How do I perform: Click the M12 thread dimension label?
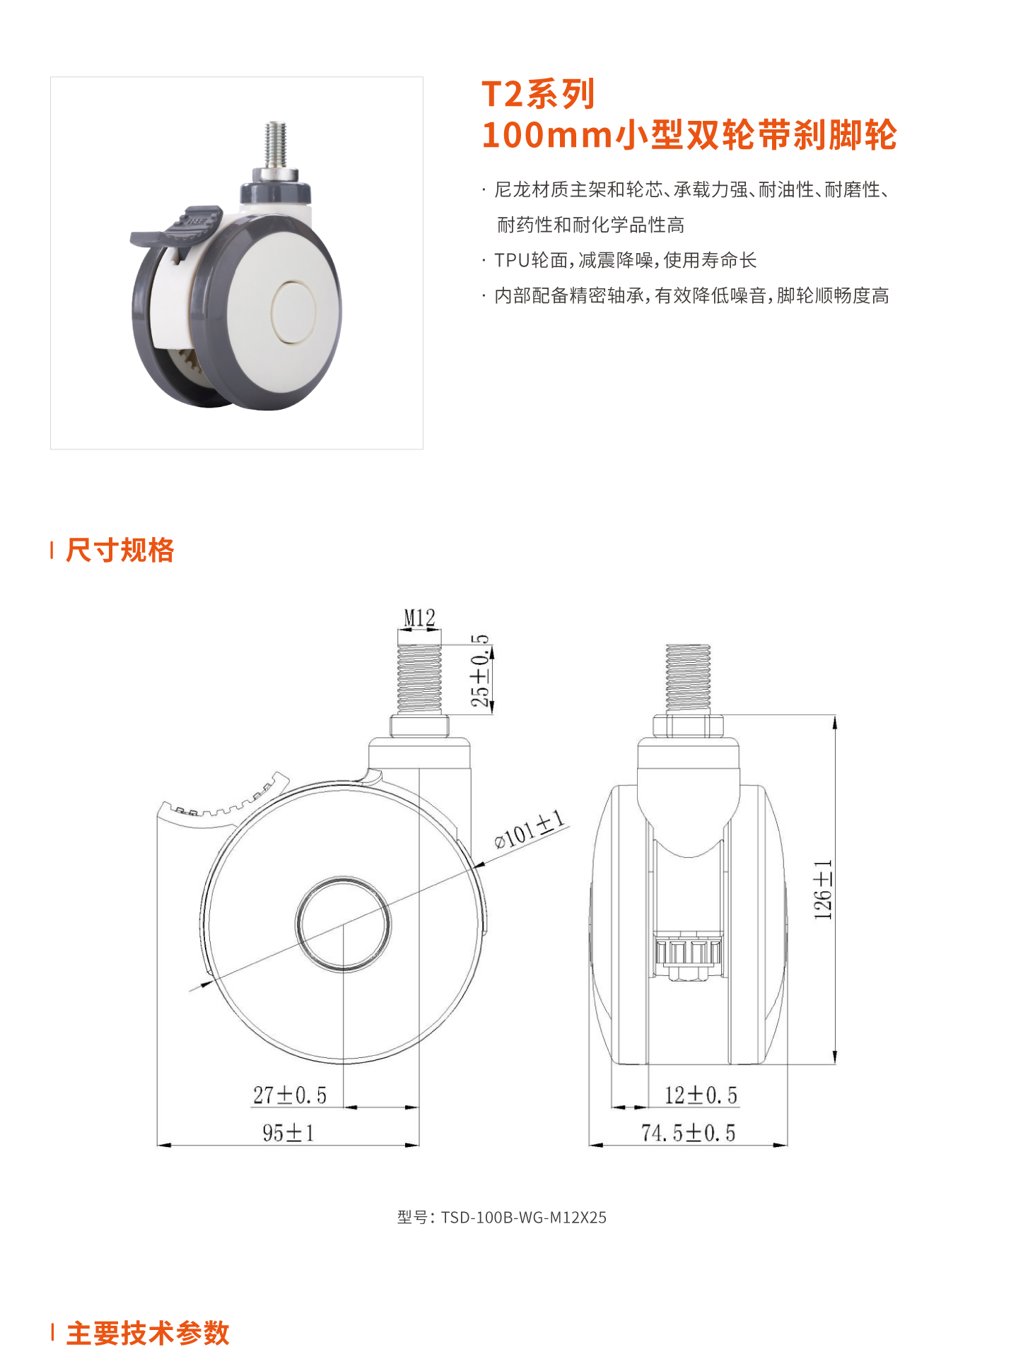(x=419, y=618)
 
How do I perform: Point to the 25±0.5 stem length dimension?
(x=480, y=671)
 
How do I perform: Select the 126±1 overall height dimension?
(x=823, y=890)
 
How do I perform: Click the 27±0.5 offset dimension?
(x=290, y=1095)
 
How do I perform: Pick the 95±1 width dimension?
(x=288, y=1133)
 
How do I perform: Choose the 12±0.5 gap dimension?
(x=701, y=1095)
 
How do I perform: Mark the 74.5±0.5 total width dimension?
(x=688, y=1133)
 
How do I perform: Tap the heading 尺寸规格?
(x=119, y=550)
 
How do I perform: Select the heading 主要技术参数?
(x=148, y=1333)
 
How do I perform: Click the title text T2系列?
(x=538, y=94)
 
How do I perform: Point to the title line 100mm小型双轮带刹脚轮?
(x=689, y=134)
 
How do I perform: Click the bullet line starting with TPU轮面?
(x=625, y=260)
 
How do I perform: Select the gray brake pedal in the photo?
(x=175, y=227)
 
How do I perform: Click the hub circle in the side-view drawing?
(x=343, y=924)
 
